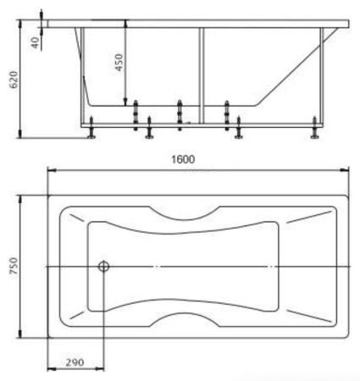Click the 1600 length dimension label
coord(183,159)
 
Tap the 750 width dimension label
coord(14,266)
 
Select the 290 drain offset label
coord(75,362)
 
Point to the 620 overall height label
coord(14,80)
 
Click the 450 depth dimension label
coord(119,63)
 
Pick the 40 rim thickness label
coord(35,42)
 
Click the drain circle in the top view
coord(103,266)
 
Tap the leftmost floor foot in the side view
coord(91,128)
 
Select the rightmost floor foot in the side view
coord(314,128)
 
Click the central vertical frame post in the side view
coord(201,75)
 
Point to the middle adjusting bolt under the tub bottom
coord(180,115)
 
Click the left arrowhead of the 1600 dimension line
coord(52,170)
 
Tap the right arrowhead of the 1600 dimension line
coord(345,170)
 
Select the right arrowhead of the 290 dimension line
coord(100,368)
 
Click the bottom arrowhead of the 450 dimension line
coord(125,102)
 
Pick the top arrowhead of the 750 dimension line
coord(20,200)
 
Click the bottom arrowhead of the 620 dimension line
coord(20,134)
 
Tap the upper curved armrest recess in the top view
coord(184,214)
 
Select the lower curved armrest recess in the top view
coord(184,319)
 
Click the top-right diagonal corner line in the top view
coord(309,216)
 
